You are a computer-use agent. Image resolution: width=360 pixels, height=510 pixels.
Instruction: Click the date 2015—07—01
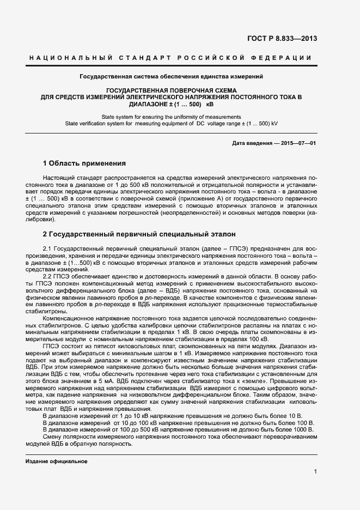298,142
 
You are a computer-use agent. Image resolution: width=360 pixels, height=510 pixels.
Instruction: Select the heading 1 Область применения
84,163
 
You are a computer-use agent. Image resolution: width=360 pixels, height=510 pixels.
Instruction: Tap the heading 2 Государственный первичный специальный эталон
139,234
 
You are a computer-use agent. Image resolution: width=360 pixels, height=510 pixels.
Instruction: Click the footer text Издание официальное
57,461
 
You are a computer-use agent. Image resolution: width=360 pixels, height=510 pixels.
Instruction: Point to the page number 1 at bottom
315,472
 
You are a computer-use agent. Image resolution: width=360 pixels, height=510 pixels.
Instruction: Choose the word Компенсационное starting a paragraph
68,317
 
